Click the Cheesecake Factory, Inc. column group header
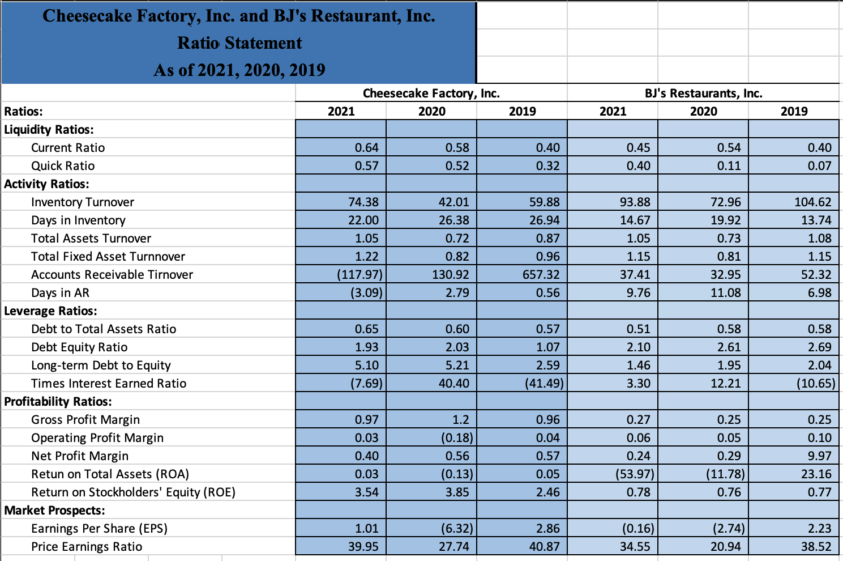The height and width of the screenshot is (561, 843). (x=431, y=93)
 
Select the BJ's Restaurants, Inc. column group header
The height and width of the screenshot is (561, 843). (x=703, y=93)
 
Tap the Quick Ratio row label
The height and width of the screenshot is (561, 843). (x=63, y=165)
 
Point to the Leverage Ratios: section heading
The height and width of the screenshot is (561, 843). (x=50, y=311)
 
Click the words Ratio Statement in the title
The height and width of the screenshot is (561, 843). (x=239, y=43)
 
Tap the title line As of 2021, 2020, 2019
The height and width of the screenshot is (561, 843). (x=239, y=70)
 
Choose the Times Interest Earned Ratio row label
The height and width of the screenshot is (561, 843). (x=109, y=383)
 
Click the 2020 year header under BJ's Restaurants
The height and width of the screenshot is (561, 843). (x=703, y=111)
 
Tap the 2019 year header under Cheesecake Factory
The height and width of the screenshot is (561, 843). (x=522, y=111)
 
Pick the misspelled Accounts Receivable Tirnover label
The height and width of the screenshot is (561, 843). (x=112, y=274)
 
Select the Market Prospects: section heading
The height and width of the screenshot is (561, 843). (x=54, y=510)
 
